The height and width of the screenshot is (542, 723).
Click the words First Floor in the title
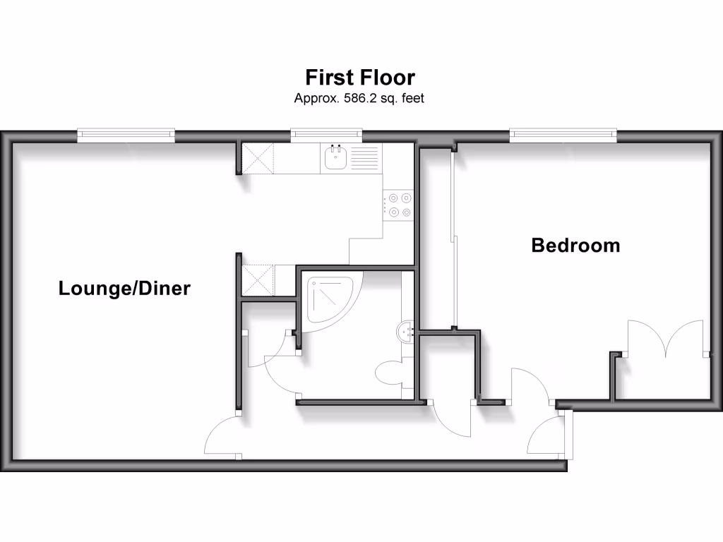(359, 76)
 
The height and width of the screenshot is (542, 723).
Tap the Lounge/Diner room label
(124, 288)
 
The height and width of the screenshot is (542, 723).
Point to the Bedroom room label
(575, 246)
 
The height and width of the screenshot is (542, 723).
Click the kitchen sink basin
(335, 159)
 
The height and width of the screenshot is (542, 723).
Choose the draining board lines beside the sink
(364, 159)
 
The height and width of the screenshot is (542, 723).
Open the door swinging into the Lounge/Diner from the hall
(222, 438)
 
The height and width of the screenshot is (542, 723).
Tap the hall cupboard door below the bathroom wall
(452, 420)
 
